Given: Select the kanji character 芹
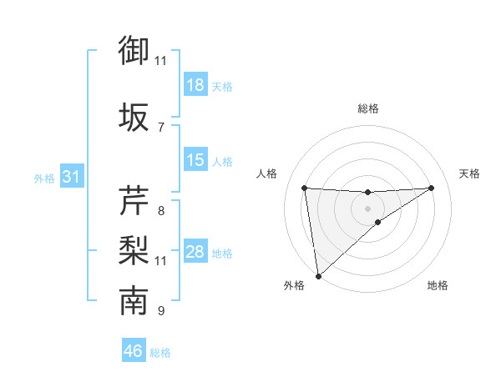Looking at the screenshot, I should point(134,201).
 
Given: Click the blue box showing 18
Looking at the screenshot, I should point(195,85).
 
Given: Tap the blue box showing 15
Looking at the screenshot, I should point(195,160).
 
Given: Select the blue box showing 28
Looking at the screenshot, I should point(195,252).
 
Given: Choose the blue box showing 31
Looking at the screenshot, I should point(71,177).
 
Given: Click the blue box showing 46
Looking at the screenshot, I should point(134,351).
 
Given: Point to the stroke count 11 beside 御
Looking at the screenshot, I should point(160,60).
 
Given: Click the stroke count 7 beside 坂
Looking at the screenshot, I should point(160,127).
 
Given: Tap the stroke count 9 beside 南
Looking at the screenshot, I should point(160,311).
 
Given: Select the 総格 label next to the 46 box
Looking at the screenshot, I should point(160,353).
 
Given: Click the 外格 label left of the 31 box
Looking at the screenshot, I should point(44,178).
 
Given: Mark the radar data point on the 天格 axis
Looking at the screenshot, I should point(432,188).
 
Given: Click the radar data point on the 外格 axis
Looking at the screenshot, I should point(318,276).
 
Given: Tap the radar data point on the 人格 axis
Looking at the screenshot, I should point(304,188).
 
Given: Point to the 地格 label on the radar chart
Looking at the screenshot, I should point(438,285).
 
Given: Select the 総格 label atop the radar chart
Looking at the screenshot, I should point(367,108).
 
